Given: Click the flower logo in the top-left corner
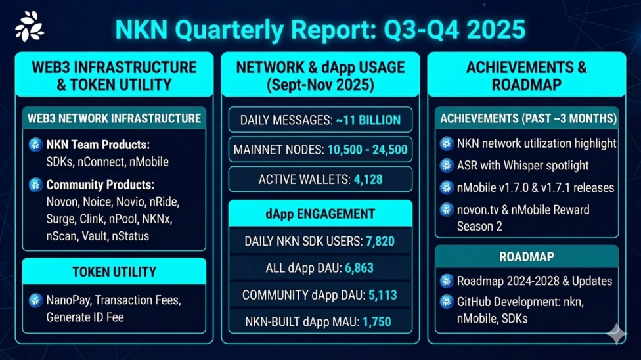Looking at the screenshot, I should coord(29,26).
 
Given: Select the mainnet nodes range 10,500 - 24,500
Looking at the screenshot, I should coord(366,150).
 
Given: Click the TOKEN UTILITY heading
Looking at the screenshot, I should coord(114,271).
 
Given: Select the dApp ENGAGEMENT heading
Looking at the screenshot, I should coord(320,214).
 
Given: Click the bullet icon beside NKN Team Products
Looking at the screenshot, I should coord(35,145).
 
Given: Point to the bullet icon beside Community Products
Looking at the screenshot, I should coord(35,185).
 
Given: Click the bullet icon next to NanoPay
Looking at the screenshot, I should coord(35,301).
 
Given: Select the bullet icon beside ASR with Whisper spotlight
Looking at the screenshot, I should coord(447,166).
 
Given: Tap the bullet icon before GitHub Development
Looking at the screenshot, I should coord(447,302).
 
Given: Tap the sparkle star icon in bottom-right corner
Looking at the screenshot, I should coord(615,334).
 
